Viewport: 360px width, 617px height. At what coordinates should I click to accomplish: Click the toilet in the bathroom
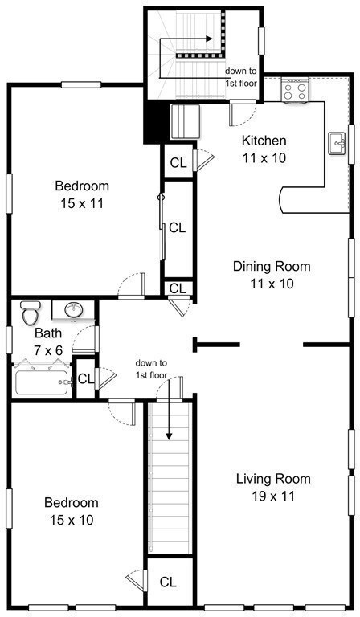click(x=31, y=311)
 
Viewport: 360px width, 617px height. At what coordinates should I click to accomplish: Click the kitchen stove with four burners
click(x=295, y=90)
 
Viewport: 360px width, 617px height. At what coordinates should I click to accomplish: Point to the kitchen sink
click(x=337, y=143)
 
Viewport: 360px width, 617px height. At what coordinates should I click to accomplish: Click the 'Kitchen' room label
click(x=264, y=141)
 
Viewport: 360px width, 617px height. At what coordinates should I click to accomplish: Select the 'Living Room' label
click(x=272, y=479)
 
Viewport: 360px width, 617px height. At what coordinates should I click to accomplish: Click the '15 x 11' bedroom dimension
click(x=83, y=203)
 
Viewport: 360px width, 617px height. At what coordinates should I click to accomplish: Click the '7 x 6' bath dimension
click(x=49, y=349)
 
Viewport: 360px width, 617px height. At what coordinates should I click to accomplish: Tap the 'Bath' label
click(x=49, y=333)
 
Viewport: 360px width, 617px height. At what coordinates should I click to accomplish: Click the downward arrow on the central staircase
click(x=170, y=422)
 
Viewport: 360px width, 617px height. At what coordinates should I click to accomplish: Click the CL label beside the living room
click(x=169, y=582)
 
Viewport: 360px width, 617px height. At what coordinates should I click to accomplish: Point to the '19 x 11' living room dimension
click(x=272, y=496)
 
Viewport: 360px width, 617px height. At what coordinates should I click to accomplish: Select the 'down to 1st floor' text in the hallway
click(x=152, y=369)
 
